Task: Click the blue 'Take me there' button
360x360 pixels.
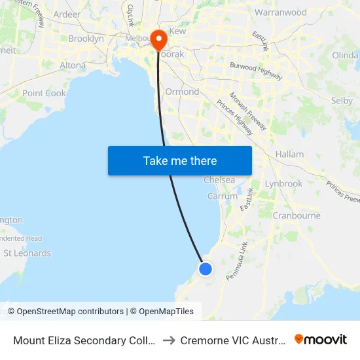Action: point(180,160)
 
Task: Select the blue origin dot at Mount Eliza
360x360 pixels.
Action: point(206,268)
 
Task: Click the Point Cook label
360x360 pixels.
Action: point(44,93)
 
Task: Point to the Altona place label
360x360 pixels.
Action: point(73,65)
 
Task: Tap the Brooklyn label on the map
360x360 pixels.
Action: point(86,39)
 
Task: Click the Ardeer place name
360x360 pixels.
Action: point(67,14)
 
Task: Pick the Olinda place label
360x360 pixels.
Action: point(345,55)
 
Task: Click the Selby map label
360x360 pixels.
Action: point(342,101)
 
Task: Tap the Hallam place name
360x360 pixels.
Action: point(289,154)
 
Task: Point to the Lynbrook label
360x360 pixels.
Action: point(283,183)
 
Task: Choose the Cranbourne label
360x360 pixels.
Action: point(296,215)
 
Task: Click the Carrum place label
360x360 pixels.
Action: point(223,196)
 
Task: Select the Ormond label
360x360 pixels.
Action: point(182,92)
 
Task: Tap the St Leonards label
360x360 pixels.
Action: point(27,253)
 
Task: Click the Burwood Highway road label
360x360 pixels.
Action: point(256,71)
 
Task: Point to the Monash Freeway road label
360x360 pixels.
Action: point(248,111)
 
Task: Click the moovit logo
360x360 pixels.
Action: point(320,340)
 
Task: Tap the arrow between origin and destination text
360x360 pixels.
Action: point(168,340)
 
